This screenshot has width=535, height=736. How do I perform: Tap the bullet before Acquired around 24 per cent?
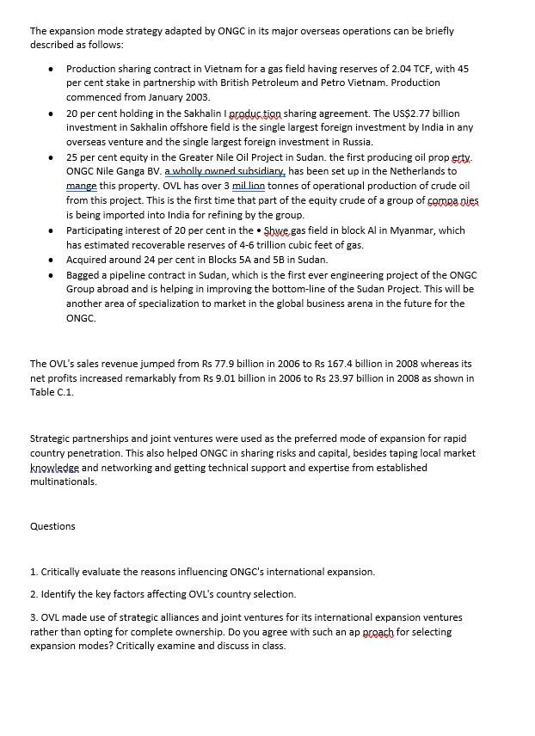point(52,260)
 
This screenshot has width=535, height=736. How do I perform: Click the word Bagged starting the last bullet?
point(83,275)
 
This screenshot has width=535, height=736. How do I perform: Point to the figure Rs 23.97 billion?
point(354,378)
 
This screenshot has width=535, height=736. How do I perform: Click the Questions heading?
point(52,526)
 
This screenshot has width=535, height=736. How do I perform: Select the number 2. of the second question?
point(34,594)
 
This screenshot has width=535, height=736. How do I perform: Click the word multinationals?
point(64,481)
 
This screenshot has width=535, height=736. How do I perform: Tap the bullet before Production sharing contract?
point(52,69)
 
